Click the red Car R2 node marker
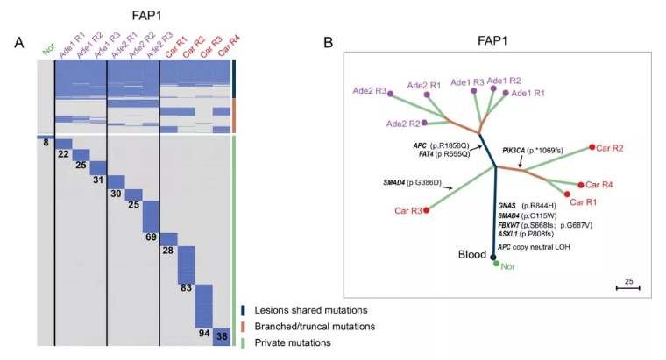593,146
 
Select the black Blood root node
493,257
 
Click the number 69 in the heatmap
151,237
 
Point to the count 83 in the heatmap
186,287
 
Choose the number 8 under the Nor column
45,141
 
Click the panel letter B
328,42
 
